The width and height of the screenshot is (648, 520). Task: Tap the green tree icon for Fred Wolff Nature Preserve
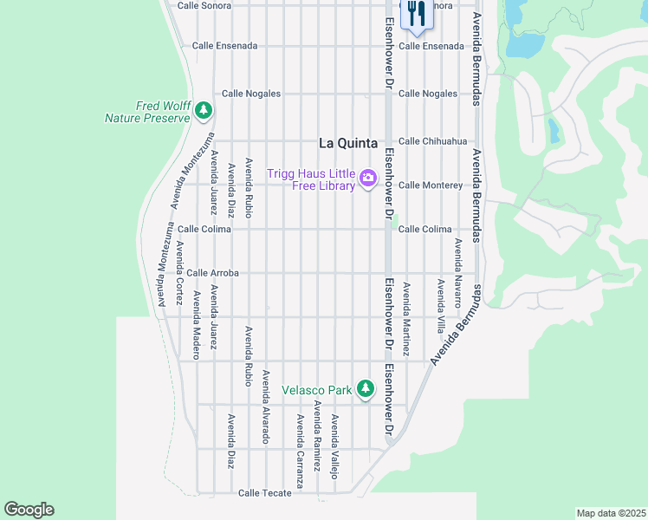[204, 110]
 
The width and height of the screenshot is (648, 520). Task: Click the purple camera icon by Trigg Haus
[368, 179]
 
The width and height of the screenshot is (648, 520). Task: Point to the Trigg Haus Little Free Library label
[311, 179]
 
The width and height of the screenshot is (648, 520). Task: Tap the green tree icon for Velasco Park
[366, 389]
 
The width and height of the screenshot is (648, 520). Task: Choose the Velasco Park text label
[317, 390]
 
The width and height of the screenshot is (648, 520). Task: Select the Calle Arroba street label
[212, 273]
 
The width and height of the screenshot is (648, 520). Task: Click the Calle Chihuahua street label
[432, 141]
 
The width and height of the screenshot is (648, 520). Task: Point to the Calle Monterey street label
[430, 185]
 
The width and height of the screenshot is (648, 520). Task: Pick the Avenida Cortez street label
[179, 273]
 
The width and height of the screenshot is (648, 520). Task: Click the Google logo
[29, 510]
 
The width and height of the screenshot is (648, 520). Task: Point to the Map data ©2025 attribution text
[610, 513]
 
